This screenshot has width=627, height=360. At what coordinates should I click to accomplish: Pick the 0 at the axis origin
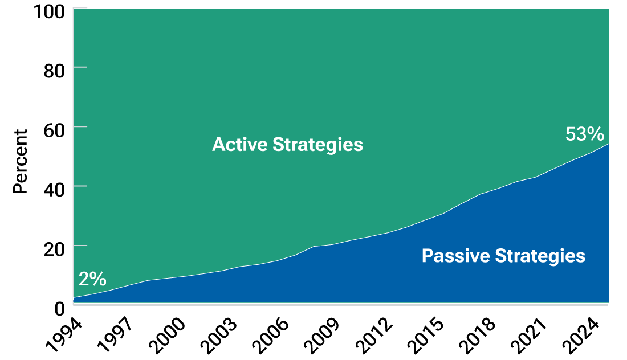pos(59,309)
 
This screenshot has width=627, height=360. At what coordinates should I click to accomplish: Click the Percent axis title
pos(21,162)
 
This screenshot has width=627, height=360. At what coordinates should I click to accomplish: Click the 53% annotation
pos(584,134)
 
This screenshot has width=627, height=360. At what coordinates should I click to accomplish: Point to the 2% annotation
pos(92,279)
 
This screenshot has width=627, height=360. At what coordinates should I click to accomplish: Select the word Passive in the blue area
pos(454,256)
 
